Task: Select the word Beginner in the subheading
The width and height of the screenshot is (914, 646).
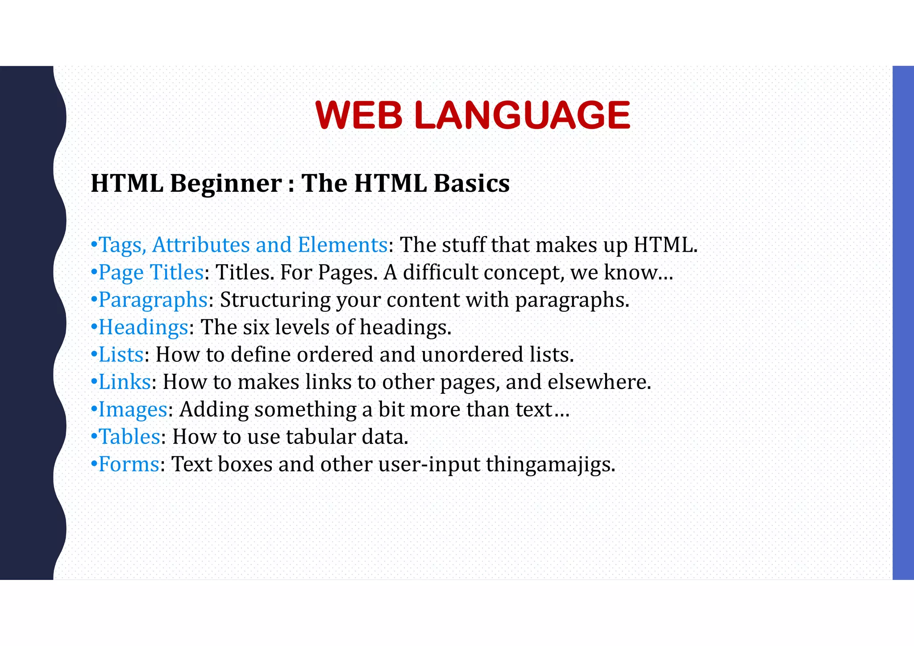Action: [226, 183]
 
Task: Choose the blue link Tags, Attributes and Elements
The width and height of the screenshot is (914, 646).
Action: [243, 245]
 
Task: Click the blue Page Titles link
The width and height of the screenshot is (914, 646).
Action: [151, 273]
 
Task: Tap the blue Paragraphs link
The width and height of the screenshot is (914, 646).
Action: [153, 300]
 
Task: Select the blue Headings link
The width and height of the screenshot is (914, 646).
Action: [143, 327]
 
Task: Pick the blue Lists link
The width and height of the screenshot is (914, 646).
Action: [121, 355]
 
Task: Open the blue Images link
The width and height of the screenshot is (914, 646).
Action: [133, 410]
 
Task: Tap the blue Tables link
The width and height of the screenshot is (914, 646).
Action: [129, 437]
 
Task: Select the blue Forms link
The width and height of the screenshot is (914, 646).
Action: [129, 464]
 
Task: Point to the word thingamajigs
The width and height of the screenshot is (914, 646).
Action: [550, 464]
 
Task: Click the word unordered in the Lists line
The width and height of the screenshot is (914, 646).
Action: [472, 355]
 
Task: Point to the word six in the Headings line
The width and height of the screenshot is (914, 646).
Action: [256, 327]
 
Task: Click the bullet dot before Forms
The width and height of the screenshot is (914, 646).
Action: [94, 464]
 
